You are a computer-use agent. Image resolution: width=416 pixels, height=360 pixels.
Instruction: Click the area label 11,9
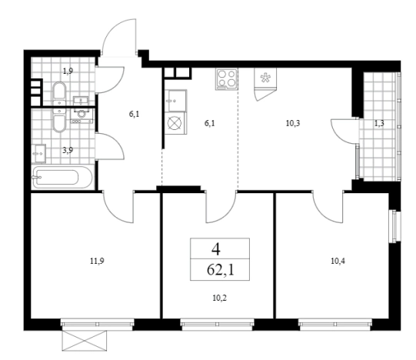point(97,262)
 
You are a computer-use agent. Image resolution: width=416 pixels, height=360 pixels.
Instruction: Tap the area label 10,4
point(338,262)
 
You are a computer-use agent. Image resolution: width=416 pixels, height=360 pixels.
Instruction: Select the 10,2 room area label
point(220,298)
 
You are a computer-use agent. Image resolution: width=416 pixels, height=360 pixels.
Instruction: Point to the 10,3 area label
point(293,123)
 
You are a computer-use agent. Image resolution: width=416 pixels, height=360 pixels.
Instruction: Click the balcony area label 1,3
point(379,123)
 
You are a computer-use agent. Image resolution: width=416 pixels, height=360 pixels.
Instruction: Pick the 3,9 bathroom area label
point(68,151)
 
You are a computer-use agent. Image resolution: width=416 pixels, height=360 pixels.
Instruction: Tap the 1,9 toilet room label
point(68,71)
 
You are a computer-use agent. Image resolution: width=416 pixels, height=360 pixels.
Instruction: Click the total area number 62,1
point(221,270)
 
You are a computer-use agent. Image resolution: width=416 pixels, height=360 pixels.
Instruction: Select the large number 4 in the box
point(216,248)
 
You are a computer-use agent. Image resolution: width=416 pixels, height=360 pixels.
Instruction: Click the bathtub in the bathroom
point(62,177)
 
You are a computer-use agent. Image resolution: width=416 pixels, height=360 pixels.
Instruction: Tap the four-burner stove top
point(226,79)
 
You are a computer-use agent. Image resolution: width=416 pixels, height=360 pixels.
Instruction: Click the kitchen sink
point(175,101)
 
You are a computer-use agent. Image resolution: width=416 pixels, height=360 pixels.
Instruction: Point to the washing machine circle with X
point(175,123)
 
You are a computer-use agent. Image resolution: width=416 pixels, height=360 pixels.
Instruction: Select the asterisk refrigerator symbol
point(265,77)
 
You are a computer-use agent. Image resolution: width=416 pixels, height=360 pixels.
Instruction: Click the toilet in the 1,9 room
point(59,93)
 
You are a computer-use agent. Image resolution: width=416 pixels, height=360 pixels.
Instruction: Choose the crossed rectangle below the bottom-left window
point(85,341)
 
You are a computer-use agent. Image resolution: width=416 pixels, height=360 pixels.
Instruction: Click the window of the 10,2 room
point(217,325)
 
